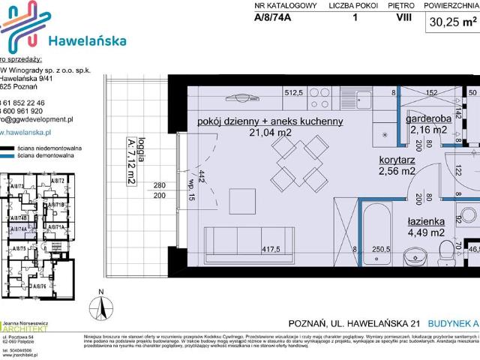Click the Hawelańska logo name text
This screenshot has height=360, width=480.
click(x=87, y=40)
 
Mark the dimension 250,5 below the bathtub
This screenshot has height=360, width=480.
click(x=382, y=250)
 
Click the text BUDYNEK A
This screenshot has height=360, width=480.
click(x=451, y=323)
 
